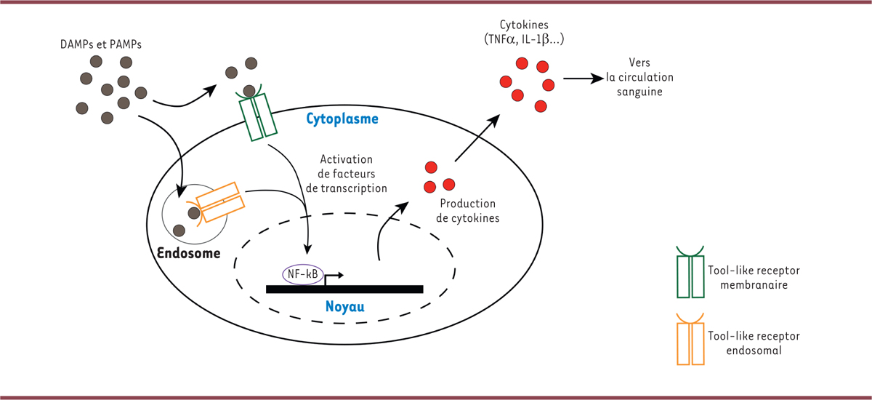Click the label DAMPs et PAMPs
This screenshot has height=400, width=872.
coord(101,44)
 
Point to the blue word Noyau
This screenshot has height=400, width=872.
coord(344,307)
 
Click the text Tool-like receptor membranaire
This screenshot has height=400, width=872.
coord(748,277)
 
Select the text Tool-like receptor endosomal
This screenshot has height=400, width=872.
coord(748,343)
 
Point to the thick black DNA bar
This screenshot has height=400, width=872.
coord(344,289)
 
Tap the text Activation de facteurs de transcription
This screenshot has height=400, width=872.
coord(347,173)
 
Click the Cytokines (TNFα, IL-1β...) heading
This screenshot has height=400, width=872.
coord(529,33)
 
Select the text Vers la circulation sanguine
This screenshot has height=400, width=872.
coord(639,78)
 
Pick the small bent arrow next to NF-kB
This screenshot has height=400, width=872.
coord(333,277)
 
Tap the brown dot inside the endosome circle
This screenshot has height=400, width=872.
coord(194,213)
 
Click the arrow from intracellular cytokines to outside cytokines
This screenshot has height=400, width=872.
coord(477,138)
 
